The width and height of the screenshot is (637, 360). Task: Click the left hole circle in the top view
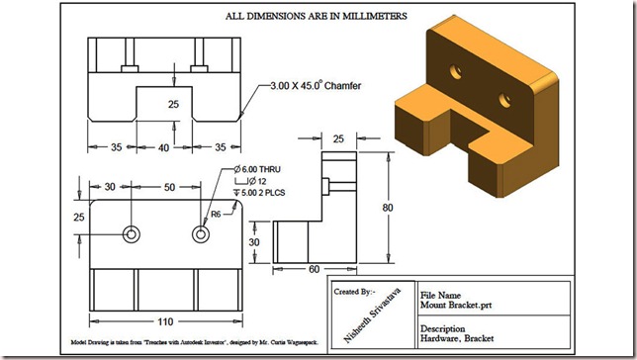[131, 234]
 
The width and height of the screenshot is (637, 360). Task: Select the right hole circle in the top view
[201, 234]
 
